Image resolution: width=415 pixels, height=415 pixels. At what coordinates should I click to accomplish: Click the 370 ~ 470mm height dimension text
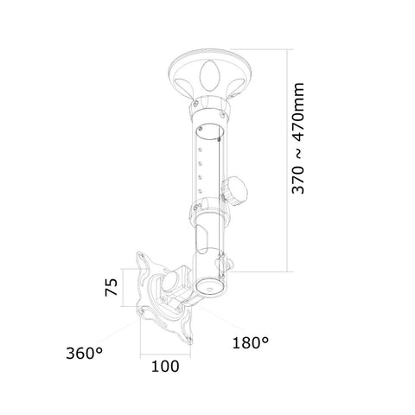click(x=299, y=152)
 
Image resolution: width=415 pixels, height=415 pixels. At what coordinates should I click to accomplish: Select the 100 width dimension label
click(x=164, y=365)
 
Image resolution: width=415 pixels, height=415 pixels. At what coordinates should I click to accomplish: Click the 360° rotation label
click(x=83, y=354)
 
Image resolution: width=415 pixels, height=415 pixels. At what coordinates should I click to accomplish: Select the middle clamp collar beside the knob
click(x=207, y=207)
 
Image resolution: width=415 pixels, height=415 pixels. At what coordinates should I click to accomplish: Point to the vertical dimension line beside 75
click(x=125, y=289)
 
